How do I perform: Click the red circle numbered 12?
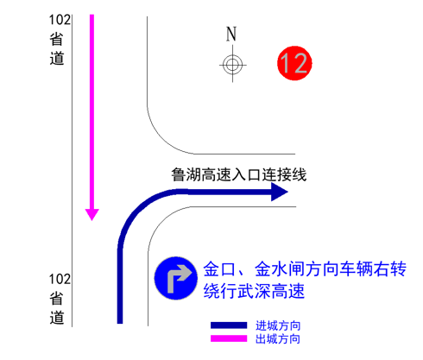(x=294, y=63)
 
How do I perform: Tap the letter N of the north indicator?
(x=231, y=34)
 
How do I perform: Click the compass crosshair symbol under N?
(x=232, y=65)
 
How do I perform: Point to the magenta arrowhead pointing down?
(x=92, y=215)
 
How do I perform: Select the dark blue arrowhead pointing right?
(x=280, y=192)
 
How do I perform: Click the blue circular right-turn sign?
(x=176, y=278)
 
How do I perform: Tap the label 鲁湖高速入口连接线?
(x=239, y=175)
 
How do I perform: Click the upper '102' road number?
(x=60, y=20)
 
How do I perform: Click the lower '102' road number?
(x=60, y=280)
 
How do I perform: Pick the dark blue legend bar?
(x=229, y=325)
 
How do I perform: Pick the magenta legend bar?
(x=229, y=338)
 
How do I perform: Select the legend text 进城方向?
(x=278, y=325)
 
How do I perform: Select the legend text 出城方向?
(x=278, y=339)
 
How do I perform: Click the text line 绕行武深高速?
(x=254, y=291)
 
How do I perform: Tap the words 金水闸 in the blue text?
(x=280, y=268)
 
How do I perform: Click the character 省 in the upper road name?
(x=56, y=39)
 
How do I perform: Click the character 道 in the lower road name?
(x=57, y=318)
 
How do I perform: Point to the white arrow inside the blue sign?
(x=177, y=277)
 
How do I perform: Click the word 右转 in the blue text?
(x=390, y=268)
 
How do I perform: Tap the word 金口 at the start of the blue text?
(x=220, y=268)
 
